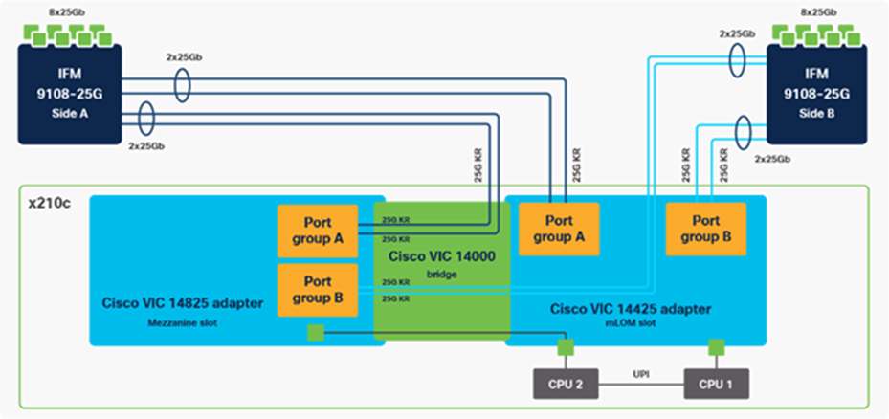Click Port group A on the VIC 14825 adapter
318,231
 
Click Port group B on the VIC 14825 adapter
318,290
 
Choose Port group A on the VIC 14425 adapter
559,228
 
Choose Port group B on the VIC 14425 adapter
706,228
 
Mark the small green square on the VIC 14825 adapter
315,331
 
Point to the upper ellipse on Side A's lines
182,85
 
